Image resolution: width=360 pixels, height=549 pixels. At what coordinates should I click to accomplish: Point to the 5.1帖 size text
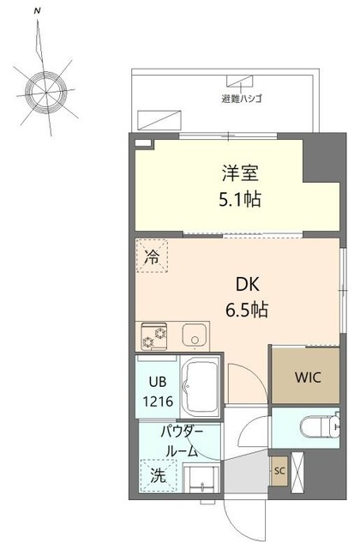239,200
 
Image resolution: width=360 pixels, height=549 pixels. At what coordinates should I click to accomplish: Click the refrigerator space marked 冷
152,256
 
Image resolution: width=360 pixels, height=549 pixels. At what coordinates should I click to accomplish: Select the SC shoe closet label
279,470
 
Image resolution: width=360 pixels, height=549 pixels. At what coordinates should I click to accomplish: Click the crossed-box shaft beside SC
299,470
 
